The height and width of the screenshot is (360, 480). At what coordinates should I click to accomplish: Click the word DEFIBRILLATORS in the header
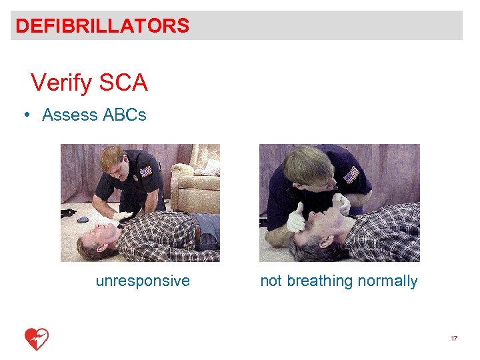point(102,26)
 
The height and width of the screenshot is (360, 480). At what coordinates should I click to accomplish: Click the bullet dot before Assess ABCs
point(26,114)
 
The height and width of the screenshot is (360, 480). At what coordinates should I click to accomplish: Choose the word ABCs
point(125,115)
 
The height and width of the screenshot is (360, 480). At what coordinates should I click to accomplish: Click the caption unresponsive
point(143,281)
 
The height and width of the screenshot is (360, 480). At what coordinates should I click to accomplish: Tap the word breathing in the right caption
point(320,281)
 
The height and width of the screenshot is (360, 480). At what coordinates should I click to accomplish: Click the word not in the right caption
point(271,281)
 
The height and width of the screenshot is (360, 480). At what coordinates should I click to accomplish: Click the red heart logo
point(36,339)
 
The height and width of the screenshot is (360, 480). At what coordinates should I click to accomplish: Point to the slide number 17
point(454,339)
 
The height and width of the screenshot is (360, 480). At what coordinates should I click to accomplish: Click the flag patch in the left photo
point(145,171)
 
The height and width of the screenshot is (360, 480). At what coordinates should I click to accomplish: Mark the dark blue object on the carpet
point(83,220)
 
